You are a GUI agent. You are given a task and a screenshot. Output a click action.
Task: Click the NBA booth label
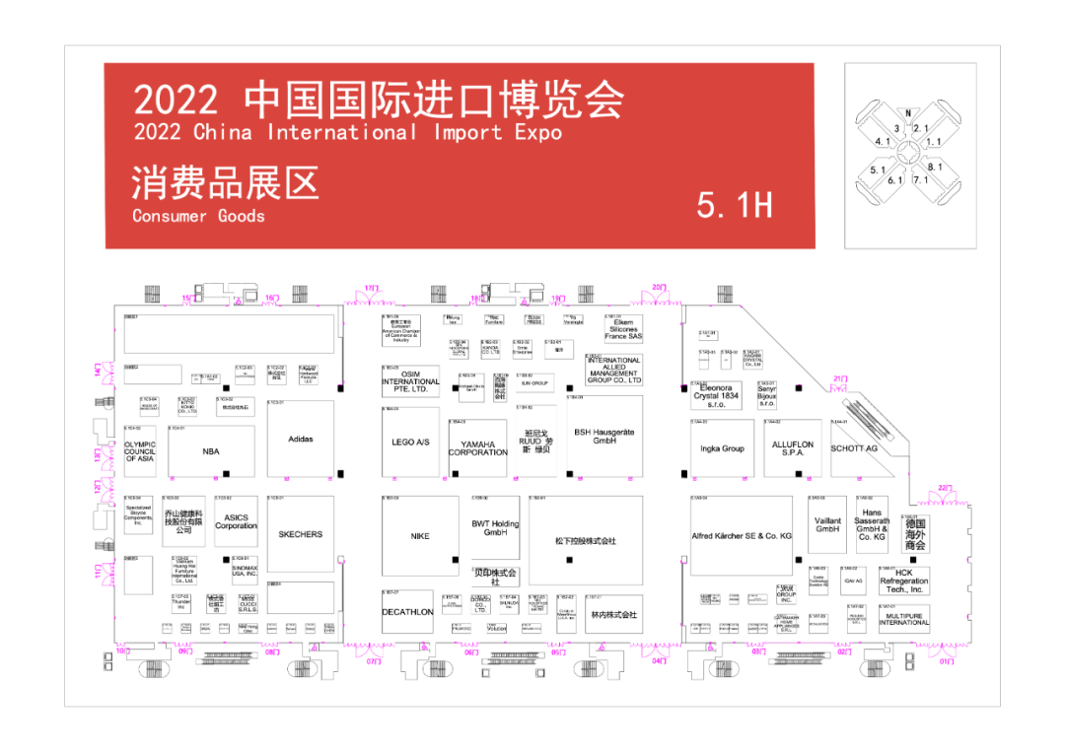click(x=211, y=451)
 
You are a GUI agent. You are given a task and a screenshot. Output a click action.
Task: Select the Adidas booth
click(x=301, y=440)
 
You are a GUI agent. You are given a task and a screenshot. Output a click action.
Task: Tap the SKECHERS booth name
click(x=300, y=534)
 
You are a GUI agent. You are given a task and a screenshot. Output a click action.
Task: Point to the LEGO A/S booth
click(x=410, y=443)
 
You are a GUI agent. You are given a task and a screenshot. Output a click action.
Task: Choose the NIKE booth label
click(x=420, y=536)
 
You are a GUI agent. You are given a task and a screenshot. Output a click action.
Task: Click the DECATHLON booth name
click(x=407, y=612)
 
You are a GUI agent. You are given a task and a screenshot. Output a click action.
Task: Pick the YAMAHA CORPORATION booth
click(x=478, y=448)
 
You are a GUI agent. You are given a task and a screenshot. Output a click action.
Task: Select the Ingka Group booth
click(x=722, y=448)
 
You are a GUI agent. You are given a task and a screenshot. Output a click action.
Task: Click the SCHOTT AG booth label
click(x=854, y=448)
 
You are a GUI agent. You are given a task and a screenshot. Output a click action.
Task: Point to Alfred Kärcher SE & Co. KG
click(x=742, y=535)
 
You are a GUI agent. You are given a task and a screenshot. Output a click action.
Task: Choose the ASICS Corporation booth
click(x=236, y=521)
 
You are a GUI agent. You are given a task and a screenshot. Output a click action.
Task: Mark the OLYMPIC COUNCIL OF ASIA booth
click(x=140, y=451)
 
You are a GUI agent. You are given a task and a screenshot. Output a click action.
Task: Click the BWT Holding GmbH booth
click(x=495, y=528)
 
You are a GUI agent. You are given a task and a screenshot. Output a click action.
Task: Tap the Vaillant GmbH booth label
click(x=827, y=525)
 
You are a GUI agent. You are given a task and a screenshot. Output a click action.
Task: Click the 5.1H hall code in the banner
click(x=735, y=205)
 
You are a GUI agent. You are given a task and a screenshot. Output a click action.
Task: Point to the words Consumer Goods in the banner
click(x=198, y=216)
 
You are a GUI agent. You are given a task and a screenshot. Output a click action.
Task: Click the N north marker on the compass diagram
click(x=908, y=113)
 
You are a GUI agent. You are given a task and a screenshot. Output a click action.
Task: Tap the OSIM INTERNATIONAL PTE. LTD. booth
click(x=410, y=382)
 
